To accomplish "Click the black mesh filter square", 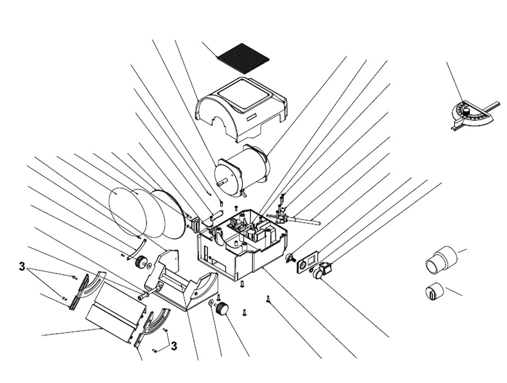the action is tap(243, 58).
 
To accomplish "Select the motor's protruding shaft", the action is tap(222, 183).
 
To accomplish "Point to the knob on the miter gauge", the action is tap(466, 111).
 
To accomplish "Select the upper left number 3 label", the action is tap(22, 267).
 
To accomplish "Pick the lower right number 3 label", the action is tap(174, 346).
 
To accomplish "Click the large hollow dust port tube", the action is tap(441, 260).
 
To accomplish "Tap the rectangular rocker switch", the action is tap(326, 266).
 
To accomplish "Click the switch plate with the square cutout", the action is tap(308, 262).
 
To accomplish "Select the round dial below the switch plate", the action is tap(317, 274).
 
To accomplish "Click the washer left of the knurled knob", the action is tap(210, 303).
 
